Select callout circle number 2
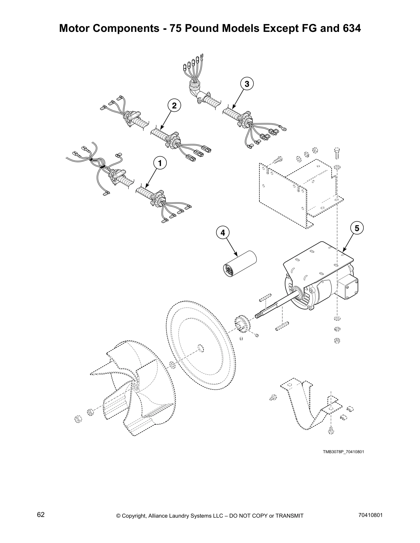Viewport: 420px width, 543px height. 174,105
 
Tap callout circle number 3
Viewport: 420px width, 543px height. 247,83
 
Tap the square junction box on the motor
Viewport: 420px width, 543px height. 348,287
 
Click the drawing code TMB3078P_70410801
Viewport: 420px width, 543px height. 343,452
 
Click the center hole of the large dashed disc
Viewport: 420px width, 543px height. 200,349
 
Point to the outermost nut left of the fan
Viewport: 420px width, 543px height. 78,419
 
